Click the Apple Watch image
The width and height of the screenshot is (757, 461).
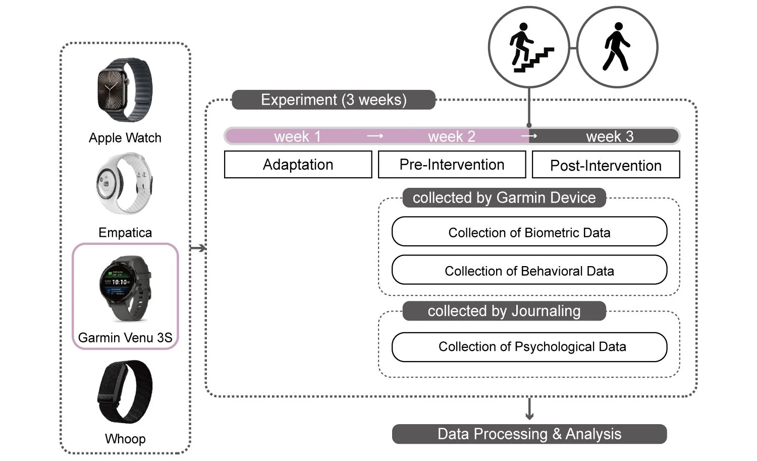[x=125, y=90]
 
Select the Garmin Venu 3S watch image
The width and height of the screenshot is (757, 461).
[x=125, y=288]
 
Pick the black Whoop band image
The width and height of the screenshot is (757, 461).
[x=125, y=391]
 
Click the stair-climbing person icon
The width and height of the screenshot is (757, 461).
[x=529, y=47]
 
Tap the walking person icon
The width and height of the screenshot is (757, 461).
[x=617, y=47]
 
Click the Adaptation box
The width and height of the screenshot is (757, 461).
[x=298, y=165]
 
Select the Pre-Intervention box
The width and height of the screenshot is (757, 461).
[x=452, y=165]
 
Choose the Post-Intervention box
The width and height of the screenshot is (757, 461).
[x=606, y=165]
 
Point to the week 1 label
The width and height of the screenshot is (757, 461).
[x=297, y=136]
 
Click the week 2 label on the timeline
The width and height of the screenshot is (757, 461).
[x=452, y=136]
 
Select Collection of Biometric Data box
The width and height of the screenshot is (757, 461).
[x=529, y=232]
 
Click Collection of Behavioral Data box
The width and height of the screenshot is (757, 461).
[x=529, y=271]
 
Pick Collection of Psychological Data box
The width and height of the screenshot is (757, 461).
[x=529, y=347]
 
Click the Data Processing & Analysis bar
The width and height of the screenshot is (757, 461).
[x=529, y=434]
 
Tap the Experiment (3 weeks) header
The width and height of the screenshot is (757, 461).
[x=333, y=99]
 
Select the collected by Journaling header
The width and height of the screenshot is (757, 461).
[x=504, y=311]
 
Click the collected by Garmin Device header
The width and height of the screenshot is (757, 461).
[x=504, y=197]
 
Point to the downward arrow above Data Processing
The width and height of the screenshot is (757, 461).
[x=529, y=409]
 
